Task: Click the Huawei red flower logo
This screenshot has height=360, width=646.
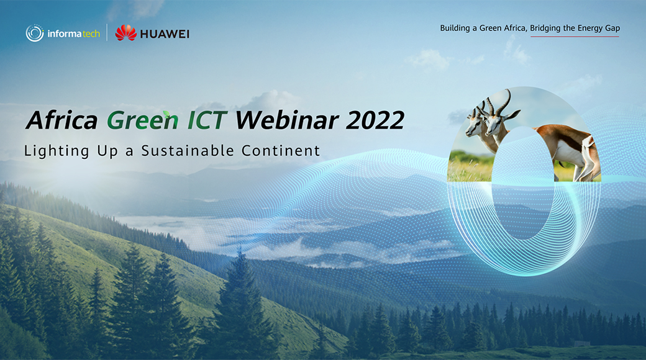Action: point(125,33)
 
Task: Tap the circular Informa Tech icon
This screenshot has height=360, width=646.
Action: point(35,34)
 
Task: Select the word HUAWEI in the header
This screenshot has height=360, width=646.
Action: point(165,34)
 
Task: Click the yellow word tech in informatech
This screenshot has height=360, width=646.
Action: point(91,34)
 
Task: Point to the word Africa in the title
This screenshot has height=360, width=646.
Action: point(61,120)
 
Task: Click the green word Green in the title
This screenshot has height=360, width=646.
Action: point(142,120)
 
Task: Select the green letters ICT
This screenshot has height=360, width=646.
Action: point(207,120)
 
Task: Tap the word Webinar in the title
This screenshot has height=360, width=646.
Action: point(287,120)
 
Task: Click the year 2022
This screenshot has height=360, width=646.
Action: point(375,120)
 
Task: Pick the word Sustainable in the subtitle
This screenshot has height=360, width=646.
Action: point(188,151)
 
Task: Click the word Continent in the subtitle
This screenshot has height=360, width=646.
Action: point(281,151)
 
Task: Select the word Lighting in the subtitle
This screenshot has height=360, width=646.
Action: point(57,151)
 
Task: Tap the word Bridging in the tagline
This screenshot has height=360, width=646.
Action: point(545,28)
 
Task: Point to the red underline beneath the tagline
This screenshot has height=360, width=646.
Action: point(575,37)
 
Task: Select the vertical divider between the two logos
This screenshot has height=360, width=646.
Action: point(107,32)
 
